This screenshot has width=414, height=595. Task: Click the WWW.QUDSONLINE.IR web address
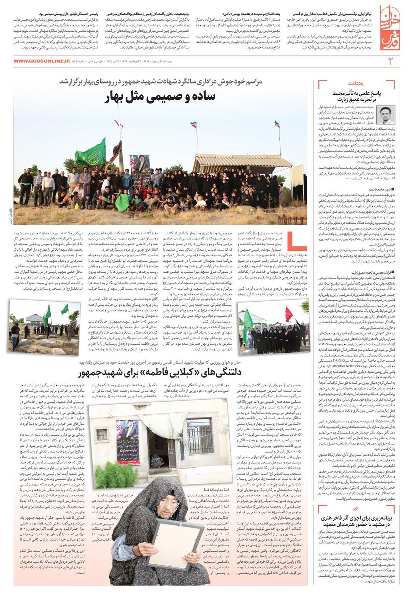pos(42,60)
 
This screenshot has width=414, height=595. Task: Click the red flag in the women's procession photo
pos(288,314)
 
